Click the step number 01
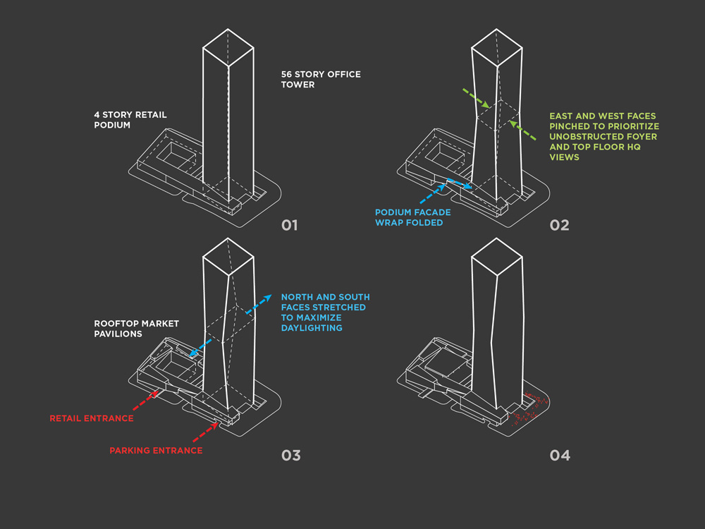click(289, 226)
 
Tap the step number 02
click(559, 226)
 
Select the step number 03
click(290, 455)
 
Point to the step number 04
click(560, 455)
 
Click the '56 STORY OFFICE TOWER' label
click(320, 79)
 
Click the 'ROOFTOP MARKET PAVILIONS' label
click(136, 329)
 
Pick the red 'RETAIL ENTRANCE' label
click(91, 418)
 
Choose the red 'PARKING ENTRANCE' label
click(156, 451)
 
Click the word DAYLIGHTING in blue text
click(312, 328)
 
